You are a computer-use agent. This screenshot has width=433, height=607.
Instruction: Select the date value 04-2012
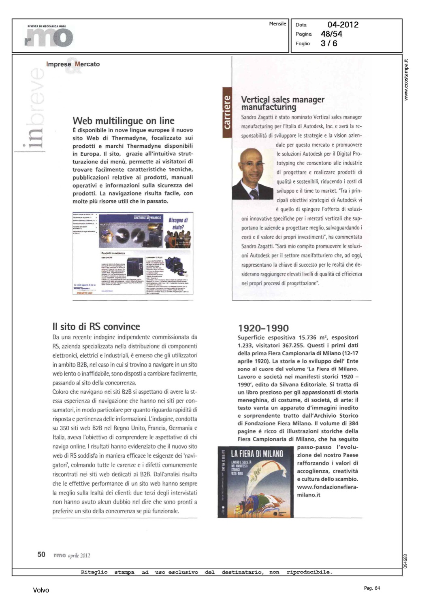click(343, 25)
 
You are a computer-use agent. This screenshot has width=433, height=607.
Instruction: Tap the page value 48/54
click(331, 34)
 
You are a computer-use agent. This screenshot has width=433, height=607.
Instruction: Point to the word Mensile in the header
click(277, 24)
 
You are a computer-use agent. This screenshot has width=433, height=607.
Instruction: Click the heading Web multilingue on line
click(124, 121)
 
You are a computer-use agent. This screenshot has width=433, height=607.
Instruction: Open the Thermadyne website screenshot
click(133, 254)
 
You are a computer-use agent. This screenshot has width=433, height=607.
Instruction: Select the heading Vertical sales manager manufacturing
click(282, 103)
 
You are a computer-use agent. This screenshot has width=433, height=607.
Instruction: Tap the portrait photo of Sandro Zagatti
click(253, 173)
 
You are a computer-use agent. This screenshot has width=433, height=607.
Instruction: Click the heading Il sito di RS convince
click(96, 327)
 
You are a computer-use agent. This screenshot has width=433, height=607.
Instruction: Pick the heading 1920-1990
click(263, 328)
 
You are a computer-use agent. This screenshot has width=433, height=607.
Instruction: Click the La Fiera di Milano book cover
click(256, 482)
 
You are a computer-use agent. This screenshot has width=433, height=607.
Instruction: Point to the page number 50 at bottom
click(41, 554)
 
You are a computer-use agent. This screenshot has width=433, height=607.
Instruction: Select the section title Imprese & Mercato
click(73, 64)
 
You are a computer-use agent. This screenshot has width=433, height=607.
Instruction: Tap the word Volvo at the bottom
click(41, 590)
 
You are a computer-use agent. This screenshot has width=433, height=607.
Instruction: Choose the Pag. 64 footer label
click(372, 588)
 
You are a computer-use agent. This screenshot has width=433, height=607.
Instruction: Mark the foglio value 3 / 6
click(329, 43)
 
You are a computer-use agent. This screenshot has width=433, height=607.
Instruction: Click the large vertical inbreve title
click(35, 109)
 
